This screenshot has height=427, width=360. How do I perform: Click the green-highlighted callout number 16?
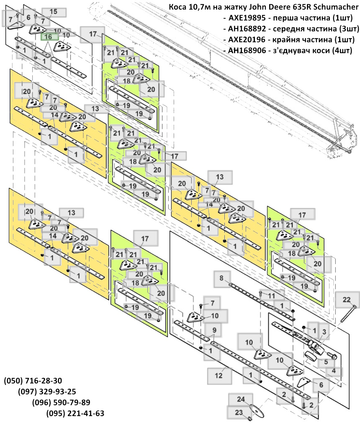point(48,37)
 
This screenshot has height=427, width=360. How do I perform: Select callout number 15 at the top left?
point(54,12)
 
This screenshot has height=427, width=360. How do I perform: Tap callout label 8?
point(221,278)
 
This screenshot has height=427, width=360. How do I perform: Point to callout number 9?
point(214,330)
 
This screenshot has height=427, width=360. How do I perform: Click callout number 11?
point(272,296)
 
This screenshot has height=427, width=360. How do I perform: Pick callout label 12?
point(219,376)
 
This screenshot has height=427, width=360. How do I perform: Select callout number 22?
point(347,300)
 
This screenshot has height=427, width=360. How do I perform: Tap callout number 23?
point(239,413)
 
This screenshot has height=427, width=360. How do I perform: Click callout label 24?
point(241,399)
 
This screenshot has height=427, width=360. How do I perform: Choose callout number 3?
point(324,332)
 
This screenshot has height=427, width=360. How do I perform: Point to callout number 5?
point(326,362)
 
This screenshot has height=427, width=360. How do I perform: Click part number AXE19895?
point(247,18)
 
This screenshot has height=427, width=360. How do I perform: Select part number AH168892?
point(247,28)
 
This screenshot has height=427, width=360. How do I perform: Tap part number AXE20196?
point(247,39)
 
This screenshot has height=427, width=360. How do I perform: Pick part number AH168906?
point(247,50)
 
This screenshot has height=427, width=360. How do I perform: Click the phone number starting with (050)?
point(33,381)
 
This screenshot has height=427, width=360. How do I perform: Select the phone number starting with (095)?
point(75,413)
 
